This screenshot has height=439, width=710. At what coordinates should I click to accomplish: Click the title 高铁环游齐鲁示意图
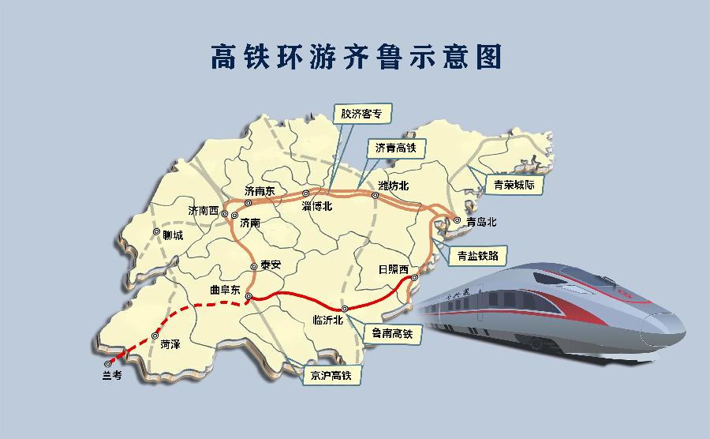(356, 58)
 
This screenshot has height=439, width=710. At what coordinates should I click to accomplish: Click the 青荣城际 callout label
(514, 186)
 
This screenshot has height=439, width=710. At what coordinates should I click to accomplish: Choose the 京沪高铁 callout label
(332, 375)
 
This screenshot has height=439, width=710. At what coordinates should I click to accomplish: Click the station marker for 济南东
(248, 202)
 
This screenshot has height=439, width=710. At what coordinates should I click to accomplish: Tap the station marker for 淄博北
(307, 193)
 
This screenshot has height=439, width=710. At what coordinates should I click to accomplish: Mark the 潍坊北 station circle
(376, 195)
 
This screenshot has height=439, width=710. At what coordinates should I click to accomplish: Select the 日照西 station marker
(414, 278)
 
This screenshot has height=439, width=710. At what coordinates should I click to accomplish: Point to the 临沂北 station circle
(344, 308)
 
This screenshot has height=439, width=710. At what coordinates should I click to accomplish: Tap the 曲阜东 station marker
(248, 297)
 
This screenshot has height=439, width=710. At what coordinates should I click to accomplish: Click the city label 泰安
(271, 266)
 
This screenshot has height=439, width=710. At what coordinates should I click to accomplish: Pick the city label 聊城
(172, 235)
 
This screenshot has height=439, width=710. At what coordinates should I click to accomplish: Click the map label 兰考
(111, 376)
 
